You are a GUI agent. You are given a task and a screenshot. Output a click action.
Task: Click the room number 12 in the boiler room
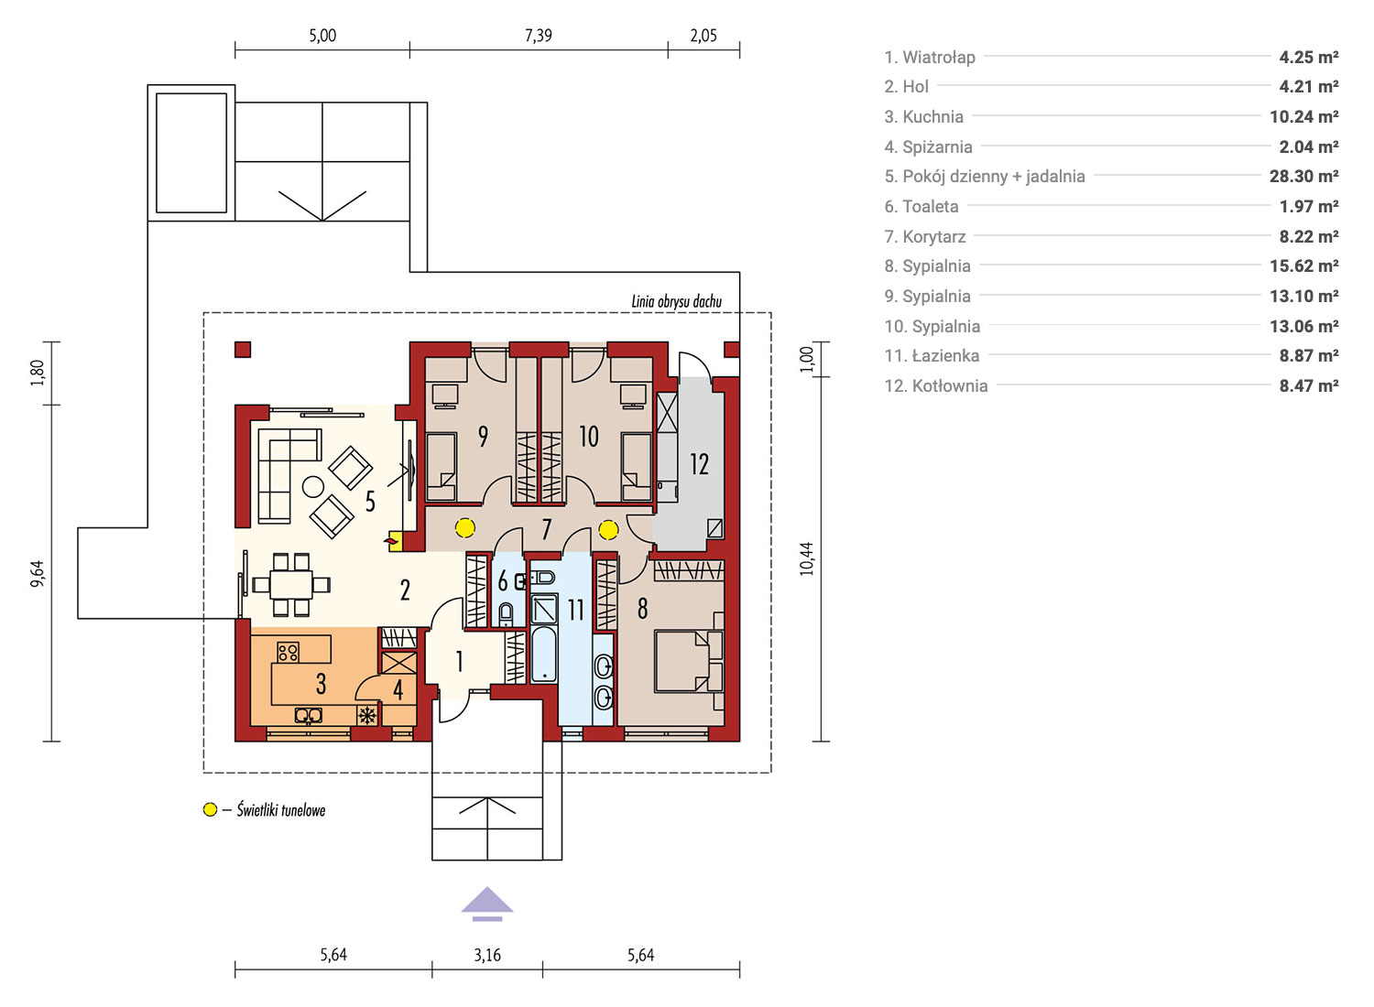(x=699, y=464)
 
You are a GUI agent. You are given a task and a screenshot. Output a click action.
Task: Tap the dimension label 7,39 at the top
(x=538, y=36)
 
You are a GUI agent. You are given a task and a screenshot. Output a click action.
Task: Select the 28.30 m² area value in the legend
(x=1303, y=177)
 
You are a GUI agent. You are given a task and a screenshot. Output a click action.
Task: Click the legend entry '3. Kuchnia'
(x=923, y=116)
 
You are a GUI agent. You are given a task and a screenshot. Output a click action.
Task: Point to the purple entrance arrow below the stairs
(x=487, y=904)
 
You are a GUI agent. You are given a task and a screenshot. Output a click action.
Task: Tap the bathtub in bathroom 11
(x=543, y=654)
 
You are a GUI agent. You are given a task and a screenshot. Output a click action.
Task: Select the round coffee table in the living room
(x=313, y=487)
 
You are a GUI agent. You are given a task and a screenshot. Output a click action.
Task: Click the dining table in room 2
(x=290, y=584)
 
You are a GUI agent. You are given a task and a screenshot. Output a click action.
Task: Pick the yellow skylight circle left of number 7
(x=464, y=527)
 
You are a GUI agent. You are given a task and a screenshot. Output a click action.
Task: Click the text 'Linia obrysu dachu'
(x=677, y=301)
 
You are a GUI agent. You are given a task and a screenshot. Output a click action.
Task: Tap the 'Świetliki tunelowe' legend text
(x=281, y=809)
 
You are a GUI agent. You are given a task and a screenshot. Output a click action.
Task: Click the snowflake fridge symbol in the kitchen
(x=366, y=715)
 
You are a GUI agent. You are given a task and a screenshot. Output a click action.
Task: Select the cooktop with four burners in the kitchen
(x=288, y=652)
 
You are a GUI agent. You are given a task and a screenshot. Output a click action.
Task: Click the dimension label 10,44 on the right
(x=806, y=558)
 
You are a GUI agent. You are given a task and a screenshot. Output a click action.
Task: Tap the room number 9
(x=484, y=437)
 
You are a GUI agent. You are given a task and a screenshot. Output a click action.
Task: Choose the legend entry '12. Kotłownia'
(x=936, y=386)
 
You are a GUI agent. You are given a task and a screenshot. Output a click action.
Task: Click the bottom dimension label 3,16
(x=487, y=955)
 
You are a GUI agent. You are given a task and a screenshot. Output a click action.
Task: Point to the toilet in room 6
(x=506, y=613)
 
